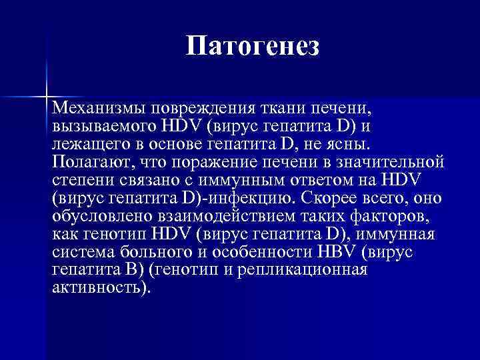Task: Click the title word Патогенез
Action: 253,46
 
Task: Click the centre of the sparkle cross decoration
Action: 47,97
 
